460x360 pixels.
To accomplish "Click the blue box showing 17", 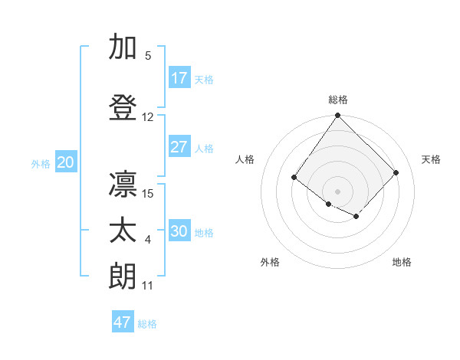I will tap(179, 78).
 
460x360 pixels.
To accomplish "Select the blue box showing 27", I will tap(179, 147).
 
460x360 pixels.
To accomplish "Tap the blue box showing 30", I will tap(179, 231).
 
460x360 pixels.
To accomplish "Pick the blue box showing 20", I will tap(65, 162).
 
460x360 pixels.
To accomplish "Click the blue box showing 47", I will tap(123, 322).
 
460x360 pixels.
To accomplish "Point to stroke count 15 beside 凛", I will tap(149, 193).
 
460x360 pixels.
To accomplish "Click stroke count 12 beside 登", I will tap(148, 117).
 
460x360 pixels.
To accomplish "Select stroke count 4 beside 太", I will tap(148, 241).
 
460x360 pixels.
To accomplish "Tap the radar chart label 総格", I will tap(337, 100).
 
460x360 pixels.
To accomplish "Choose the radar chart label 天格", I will tap(431, 159).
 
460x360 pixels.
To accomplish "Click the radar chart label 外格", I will tap(270, 262).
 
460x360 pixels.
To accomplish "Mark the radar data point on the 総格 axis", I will tap(337, 116).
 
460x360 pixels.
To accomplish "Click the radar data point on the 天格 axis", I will tap(396, 172).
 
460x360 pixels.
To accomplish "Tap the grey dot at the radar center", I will tap(337, 191).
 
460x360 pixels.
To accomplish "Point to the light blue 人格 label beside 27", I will tap(204, 148).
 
